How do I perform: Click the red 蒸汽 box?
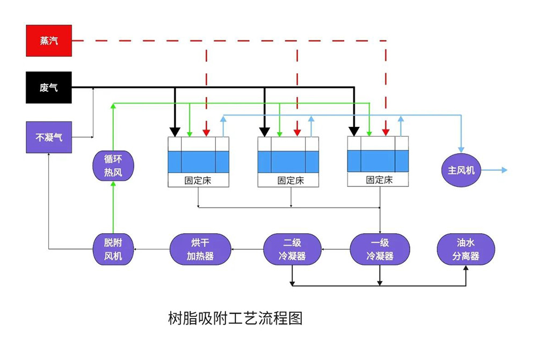[49, 41]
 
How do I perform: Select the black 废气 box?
[49, 87]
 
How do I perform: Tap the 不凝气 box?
[49, 137]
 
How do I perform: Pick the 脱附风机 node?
[113, 249]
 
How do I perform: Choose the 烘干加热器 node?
[200, 249]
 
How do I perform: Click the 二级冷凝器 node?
[292, 249]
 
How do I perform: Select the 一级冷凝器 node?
[380, 249]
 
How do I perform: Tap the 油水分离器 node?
[466, 249]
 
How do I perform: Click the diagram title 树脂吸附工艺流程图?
[235, 319]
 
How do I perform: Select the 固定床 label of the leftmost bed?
[198, 181]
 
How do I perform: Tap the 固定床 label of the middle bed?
[291, 181]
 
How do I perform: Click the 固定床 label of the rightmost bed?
[380, 180]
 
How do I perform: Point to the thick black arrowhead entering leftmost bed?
[175, 132]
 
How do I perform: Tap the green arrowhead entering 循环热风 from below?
[113, 184]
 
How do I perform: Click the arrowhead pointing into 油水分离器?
[466, 268]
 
